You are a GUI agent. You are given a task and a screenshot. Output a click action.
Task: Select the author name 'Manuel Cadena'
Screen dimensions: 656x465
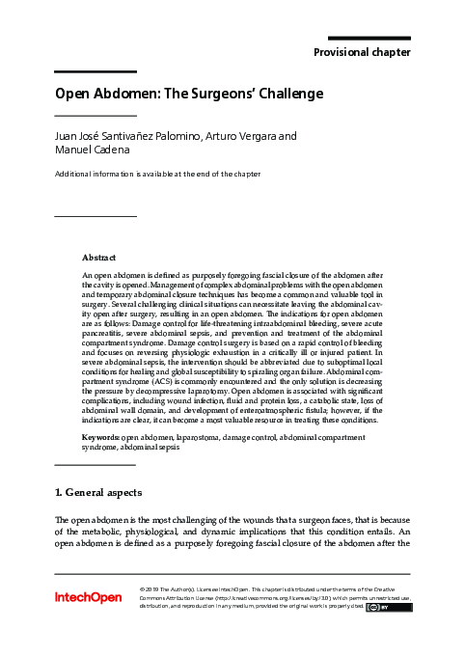tap(93, 151)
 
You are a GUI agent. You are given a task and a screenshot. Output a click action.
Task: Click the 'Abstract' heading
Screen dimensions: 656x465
tap(99, 259)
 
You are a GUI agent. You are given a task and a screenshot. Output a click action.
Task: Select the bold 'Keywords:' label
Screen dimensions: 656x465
tap(101, 437)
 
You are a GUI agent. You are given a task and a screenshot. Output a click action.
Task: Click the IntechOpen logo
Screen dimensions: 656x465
tap(88, 598)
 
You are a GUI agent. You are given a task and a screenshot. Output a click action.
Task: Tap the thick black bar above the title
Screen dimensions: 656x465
tap(95, 72)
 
